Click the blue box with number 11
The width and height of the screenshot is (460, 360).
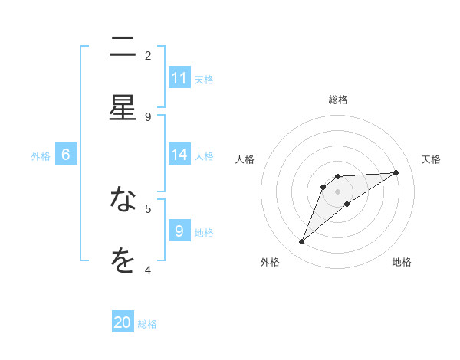[x=179, y=78]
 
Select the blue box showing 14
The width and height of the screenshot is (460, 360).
[x=179, y=155]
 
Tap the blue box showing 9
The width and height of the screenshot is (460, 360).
[x=179, y=231]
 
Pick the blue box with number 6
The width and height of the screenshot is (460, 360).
[x=66, y=155]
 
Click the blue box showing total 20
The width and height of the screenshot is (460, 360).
[x=123, y=323]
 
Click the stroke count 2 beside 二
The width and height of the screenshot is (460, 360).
[x=148, y=56]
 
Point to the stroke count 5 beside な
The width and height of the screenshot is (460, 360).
[x=148, y=208]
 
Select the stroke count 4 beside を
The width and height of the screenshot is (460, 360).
[x=148, y=270]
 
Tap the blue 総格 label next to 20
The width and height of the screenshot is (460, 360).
[x=147, y=324]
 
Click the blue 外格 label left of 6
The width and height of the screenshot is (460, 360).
[x=41, y=155]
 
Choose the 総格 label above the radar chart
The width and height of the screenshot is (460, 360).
[x=338, y=100]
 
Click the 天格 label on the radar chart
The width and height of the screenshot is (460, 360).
[x=432, y=159]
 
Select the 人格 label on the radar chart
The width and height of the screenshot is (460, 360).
[x=245, y=159]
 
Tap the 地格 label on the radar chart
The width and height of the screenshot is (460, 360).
[x=402, y=262]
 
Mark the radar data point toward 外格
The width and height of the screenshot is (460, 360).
[x=302, y=242]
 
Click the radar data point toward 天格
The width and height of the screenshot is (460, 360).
[x=396, y=172]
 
